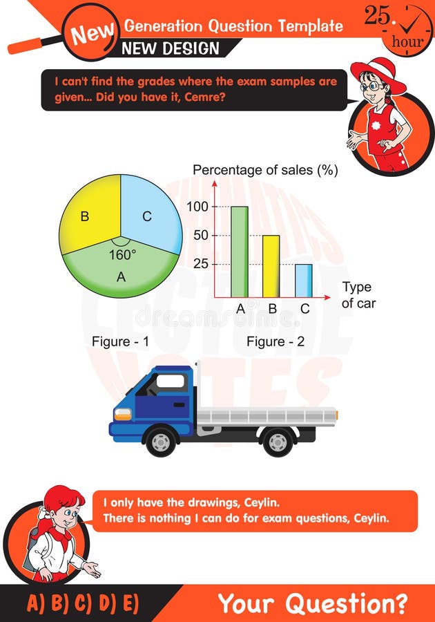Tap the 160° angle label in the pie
122,254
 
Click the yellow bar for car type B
271,266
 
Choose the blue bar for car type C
303,280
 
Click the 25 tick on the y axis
200,264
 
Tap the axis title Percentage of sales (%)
265,170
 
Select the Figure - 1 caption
120,341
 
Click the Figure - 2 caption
275,341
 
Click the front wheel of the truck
160,442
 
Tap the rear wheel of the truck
278,442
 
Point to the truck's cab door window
170,381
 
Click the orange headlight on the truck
123,414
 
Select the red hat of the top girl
378,72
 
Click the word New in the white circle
92,32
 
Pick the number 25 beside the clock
378,17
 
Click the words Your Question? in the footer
312,603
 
